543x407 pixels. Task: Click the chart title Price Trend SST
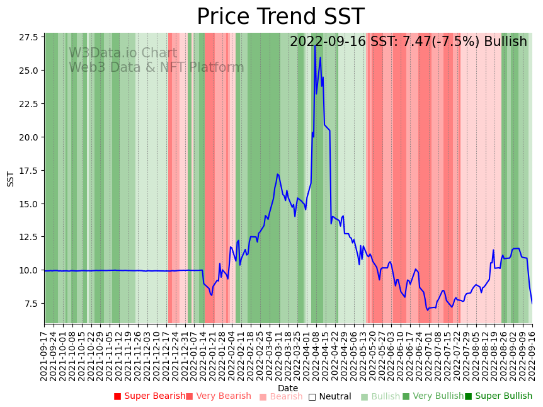(280, 17)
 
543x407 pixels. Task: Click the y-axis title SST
(11, 178)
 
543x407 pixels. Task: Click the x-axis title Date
(288, 388)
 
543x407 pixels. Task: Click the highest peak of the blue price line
(315, 45)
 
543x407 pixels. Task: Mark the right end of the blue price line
(532, 304)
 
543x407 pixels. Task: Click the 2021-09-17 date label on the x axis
(44, 355)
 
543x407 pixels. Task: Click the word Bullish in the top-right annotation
(504, 42)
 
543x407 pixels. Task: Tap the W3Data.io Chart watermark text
(123, 54)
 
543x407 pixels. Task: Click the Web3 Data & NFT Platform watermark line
(156, 67)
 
